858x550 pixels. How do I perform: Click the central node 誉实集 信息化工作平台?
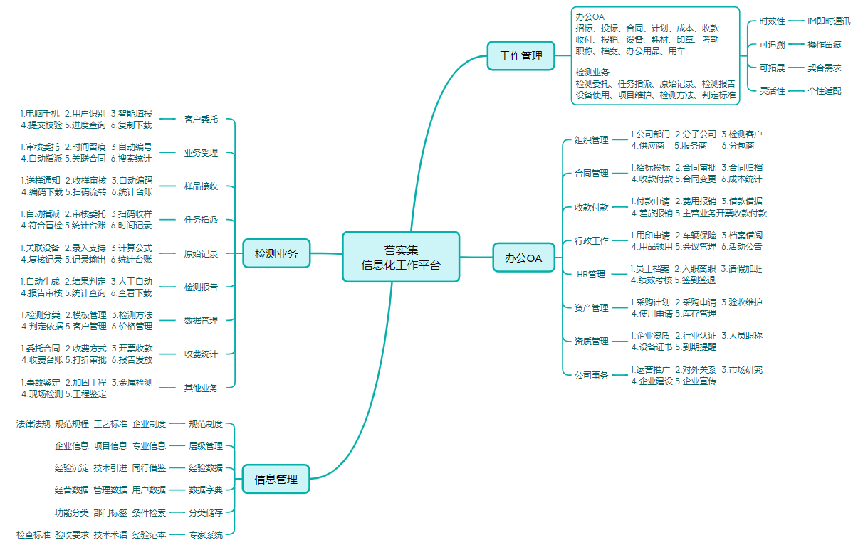coord(401,257)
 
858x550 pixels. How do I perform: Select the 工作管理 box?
coord(520,56)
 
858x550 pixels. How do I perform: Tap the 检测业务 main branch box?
coord(276,253)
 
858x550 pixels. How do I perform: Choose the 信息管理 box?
coord(276,479)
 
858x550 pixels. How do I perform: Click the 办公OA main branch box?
coord(523,258)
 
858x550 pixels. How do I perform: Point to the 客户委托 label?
coord(201,120)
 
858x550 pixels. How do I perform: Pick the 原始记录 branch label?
coord(201,253)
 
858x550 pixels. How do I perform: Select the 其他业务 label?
coord(201,388)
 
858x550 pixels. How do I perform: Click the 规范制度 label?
coord(206,423)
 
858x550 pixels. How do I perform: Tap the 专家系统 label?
coord(206,534)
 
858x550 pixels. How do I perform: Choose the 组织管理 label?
coord(592,139)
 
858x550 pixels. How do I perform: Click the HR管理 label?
coord(591,274)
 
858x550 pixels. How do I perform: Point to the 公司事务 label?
coord(592,375)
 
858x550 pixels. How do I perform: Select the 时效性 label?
coord(772,21)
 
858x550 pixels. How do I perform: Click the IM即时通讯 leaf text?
coord(829,21)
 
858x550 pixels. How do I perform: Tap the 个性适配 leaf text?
coord(825,90)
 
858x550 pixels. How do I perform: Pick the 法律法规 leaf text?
coord(33,423)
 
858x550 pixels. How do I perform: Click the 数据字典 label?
coord(206,490)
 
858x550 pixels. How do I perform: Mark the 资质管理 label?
coord(592,341)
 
